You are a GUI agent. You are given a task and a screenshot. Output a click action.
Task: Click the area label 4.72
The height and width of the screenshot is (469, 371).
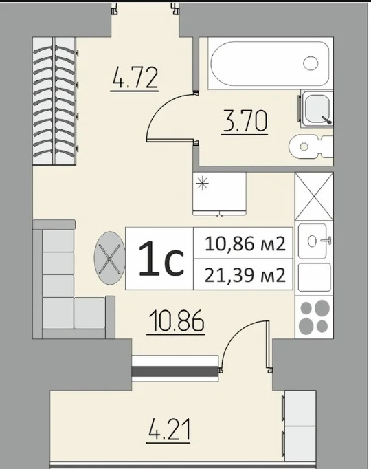point(134,78)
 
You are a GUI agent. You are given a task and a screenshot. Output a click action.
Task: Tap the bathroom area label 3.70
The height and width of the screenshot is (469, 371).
point(245,121)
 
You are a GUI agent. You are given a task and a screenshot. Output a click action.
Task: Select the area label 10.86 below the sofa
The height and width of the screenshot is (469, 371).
point(175,321)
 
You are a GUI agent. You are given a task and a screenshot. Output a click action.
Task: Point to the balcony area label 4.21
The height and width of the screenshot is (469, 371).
point(169,430)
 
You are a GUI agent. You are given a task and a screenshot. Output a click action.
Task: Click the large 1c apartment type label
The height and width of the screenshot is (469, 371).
point(161,259)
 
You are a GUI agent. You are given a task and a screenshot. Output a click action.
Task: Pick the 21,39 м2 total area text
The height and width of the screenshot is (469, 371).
point(245,275)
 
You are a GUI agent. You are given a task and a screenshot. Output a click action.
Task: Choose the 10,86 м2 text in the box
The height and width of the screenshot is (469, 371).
point(245,243)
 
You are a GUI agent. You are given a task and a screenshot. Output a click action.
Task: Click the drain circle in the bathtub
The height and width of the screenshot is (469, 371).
point(311,63)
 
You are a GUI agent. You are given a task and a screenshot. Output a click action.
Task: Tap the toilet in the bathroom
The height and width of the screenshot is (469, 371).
point(311,146)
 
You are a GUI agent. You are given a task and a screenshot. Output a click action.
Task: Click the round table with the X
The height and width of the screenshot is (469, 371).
point(110,258)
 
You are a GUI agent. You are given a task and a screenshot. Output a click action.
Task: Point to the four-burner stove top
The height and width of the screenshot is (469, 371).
point(314,317)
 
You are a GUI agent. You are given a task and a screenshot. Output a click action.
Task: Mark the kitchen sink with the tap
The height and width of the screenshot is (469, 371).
point(314,241)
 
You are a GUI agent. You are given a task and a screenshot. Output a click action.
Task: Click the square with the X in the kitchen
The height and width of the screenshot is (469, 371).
point(314,196)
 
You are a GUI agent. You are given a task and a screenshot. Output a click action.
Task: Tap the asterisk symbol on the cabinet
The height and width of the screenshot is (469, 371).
point(202,183)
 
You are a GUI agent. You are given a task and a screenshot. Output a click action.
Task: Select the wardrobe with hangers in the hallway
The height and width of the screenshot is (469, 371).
point(54,101)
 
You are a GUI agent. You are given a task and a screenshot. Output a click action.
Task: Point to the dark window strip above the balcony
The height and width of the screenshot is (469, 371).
point(175,371)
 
